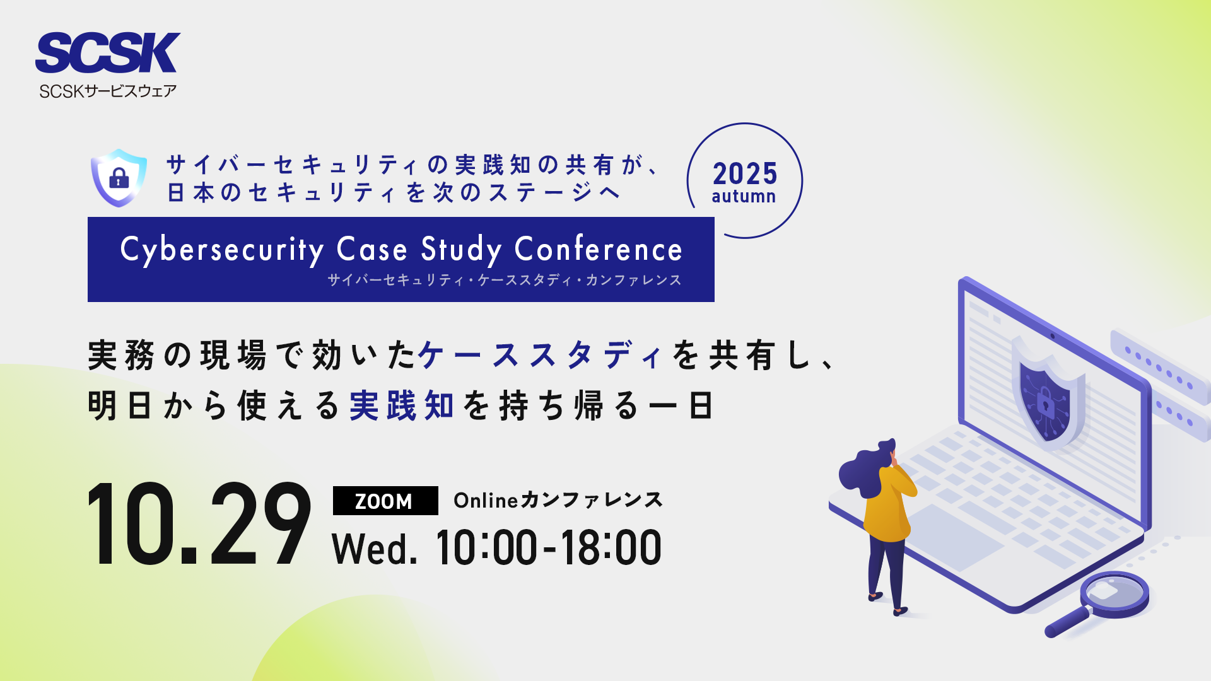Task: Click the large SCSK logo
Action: click(x=108, y=53)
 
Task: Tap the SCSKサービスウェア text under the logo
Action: click(x=108, y=91)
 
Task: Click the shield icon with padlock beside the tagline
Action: click(x=119, y=178)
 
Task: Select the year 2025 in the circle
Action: click(x=745, y=173)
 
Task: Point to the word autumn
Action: click(x=744, y=197)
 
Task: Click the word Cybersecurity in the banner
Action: click(x=222, y=250)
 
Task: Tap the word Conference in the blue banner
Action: click(x=599, y=249)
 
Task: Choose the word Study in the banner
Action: click(x=462, y=250)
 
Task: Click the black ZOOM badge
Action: click(x=385, y=501)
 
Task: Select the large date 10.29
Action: click(x=199, y=524)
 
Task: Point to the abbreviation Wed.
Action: click(x=375, y=549)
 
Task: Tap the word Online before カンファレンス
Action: click(x=486, y=501)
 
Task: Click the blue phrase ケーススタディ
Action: click(x=541, y=355)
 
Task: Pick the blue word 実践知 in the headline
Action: click(x=402, y=405)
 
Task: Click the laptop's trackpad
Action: click(x=949, y=536)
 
